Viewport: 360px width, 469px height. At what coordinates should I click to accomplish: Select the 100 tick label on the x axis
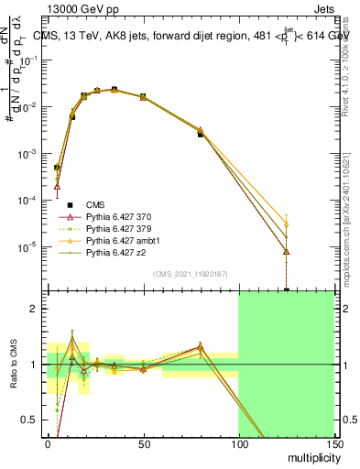(x=239, y=443)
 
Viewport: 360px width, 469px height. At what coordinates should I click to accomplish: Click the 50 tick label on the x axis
(x=143, y=443)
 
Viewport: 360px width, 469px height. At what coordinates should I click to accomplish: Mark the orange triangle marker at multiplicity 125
(x=287, y=224)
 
